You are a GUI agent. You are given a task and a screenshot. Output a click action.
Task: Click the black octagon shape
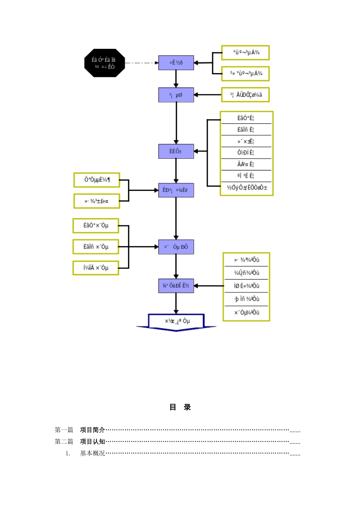pos(105,63)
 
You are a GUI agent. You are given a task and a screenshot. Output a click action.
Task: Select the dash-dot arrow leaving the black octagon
pos(141,63)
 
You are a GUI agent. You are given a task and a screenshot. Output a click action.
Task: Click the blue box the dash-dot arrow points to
pos(176,62)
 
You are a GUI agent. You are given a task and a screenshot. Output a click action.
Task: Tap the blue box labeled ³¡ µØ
pos(176,95)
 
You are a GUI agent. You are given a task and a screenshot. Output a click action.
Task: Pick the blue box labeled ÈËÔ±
pos(176,151)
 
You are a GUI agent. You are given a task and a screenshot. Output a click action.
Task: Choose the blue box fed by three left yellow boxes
pos(176,247)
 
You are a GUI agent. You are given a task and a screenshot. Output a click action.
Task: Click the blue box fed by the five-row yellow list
pos(176,286)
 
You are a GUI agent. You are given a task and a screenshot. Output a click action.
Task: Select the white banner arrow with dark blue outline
pos(176,322)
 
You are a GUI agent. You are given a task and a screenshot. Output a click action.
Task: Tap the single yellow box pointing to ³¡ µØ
pos(246,95)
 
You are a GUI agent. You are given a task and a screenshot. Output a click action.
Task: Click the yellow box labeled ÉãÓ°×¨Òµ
pos(96,226)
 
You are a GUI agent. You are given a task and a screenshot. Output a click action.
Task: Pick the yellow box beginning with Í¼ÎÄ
pos(96,268)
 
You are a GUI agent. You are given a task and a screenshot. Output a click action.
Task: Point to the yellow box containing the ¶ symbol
pos(97,180)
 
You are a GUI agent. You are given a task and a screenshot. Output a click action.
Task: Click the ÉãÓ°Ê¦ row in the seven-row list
pos(246,118)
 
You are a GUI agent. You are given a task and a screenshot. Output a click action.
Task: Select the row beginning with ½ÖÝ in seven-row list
pos(247,188)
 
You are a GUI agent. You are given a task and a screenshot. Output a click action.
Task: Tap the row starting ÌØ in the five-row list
pos(246,286)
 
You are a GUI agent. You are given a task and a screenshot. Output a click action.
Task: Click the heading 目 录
pos(180,407)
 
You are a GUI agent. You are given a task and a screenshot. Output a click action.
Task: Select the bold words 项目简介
pos(92,430)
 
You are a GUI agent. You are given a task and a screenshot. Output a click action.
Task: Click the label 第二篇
pos(64,442)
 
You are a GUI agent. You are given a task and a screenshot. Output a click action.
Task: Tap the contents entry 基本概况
pos(92,453)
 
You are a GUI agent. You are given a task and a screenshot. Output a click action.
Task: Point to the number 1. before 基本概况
pos(68,453)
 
